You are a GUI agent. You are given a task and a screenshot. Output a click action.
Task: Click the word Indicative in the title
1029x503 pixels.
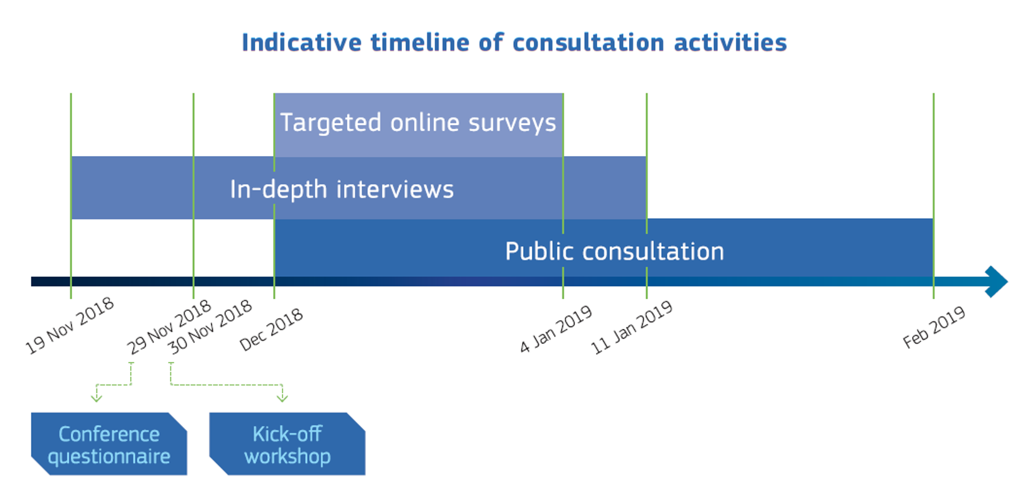302,43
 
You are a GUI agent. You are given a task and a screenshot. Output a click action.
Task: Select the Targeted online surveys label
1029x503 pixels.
418,123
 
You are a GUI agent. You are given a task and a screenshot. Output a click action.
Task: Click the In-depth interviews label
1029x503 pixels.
342,190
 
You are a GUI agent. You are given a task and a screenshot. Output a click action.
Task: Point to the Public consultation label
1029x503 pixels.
615,251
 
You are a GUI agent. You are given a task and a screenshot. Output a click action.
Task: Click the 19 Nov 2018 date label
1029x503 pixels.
69,325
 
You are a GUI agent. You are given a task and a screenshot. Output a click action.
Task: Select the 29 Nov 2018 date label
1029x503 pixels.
169,327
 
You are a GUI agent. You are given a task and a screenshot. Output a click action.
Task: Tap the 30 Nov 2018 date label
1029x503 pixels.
210,327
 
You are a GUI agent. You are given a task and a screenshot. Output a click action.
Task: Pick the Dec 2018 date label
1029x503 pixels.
271,330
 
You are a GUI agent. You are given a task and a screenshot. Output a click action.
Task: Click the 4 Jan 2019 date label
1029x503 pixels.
556,329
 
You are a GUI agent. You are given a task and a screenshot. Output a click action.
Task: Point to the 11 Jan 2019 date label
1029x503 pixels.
631,327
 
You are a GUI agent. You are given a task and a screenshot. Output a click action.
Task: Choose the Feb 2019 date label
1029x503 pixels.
934,327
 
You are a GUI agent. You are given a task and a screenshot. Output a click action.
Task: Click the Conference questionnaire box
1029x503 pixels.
109,444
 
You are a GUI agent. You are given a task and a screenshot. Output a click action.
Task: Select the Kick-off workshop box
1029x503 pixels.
287,444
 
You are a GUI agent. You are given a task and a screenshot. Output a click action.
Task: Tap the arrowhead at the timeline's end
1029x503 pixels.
996,282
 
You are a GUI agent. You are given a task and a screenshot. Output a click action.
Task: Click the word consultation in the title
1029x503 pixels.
589,43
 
